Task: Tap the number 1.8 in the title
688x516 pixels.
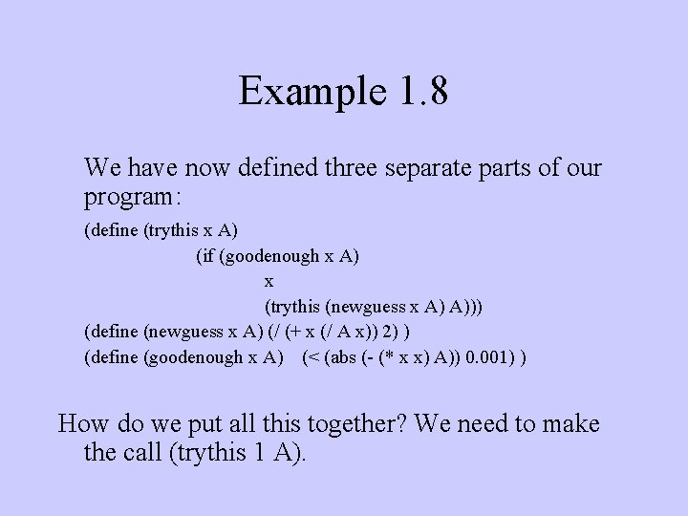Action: coord(418,92)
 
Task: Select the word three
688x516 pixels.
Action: coord(355,168)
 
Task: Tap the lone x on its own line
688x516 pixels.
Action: coord(269,281)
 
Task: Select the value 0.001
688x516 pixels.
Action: coord(485,357)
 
